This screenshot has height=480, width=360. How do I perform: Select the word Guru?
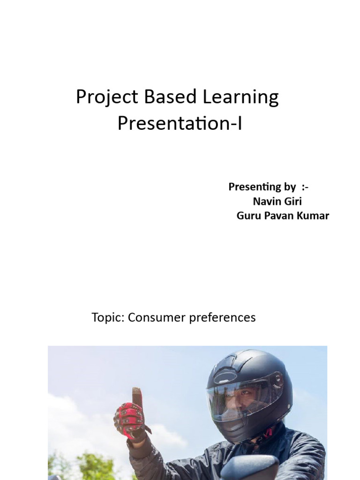[x=249, y=216]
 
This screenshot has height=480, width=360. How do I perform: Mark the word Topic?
[x=108, y=318]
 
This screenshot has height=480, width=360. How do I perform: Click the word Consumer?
[x=157, y=318]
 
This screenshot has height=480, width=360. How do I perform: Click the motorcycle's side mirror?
[x=248, y=467]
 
